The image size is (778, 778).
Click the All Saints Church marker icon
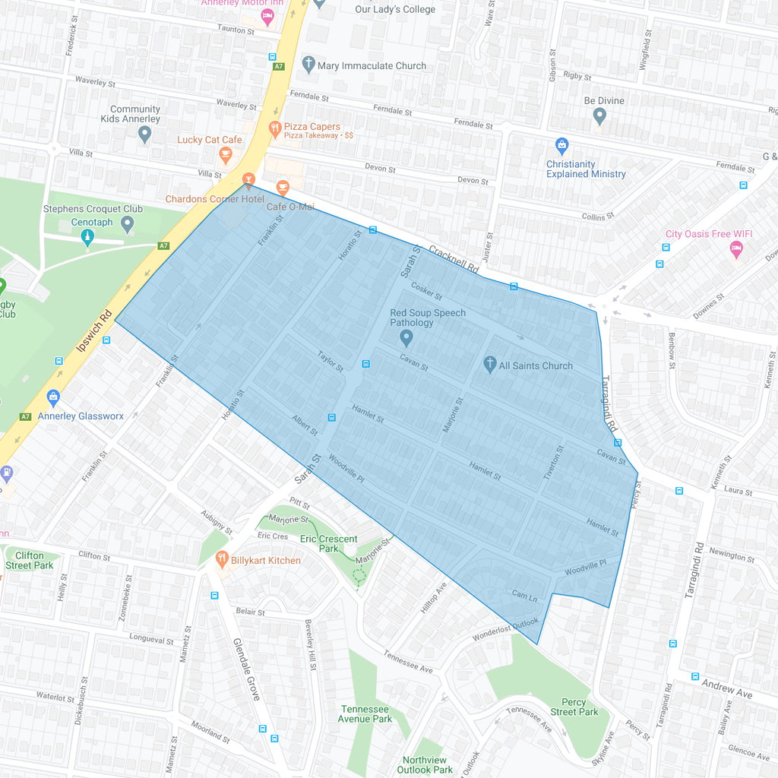coord(490,364)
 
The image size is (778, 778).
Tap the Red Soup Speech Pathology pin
coord(406,337)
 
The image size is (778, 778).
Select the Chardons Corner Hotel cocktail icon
coord(248,180)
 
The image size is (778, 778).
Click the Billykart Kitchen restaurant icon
coord(222,560)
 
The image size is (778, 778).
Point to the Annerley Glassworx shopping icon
coord(53,397)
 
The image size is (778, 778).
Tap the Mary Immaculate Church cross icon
coord(308,65)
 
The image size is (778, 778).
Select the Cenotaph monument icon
coord(88,237)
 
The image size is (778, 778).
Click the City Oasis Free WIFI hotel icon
coord(735,248)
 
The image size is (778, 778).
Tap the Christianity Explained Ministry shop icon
coord(561,145)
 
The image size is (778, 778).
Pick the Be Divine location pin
coord(599,116)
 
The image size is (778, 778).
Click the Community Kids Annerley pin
coord(145,134)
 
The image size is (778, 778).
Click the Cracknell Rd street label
coord(453,259)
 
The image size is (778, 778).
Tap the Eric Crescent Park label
coord(328,543)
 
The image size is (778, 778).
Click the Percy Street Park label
coord(574,707)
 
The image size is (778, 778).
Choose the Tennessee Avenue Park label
coord(365,714)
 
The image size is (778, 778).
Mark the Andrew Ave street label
coord(727,689)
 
